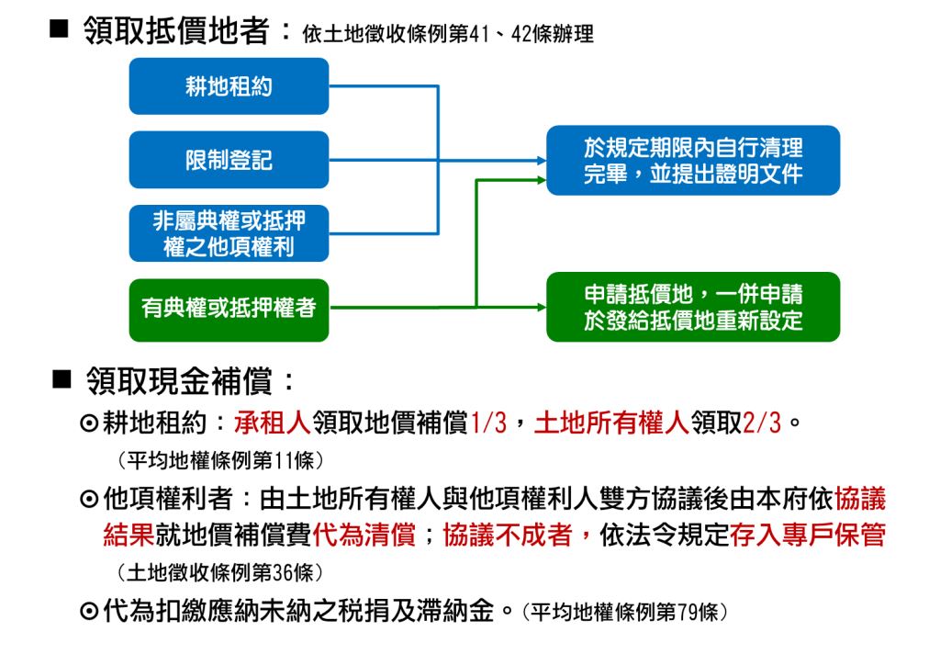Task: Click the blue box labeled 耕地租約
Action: click(x=229, y=86)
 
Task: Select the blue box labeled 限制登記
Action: click(x=229, y=160)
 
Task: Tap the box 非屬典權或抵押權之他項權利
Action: click(x=229, y=233)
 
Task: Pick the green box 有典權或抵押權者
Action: click(x=229, y=310)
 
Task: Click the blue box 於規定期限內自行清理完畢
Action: click(x=693, y=160)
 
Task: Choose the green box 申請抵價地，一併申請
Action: click(x=693, y=307)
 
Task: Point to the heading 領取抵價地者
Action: click(x=177, y=30)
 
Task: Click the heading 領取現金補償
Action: click(x=179, y=380)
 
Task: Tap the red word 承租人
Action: click(x=273, y=423)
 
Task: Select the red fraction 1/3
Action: click(x=488, y=423)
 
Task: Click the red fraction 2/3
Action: click(x=762, y=423)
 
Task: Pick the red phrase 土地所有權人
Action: click(x=611, y=423)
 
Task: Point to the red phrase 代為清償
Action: click(x=364, y=534)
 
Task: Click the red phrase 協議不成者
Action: click(x=508, y=534)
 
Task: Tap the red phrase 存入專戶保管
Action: click(x=808, y=534)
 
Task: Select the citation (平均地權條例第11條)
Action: click(x=220, y=460)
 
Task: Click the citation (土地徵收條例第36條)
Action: click(x=220, y=572)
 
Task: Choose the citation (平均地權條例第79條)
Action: click(x=624, y=612)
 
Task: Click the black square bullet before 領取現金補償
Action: click(x=62, y=379)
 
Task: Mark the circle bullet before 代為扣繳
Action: click(x=89, y=612)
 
